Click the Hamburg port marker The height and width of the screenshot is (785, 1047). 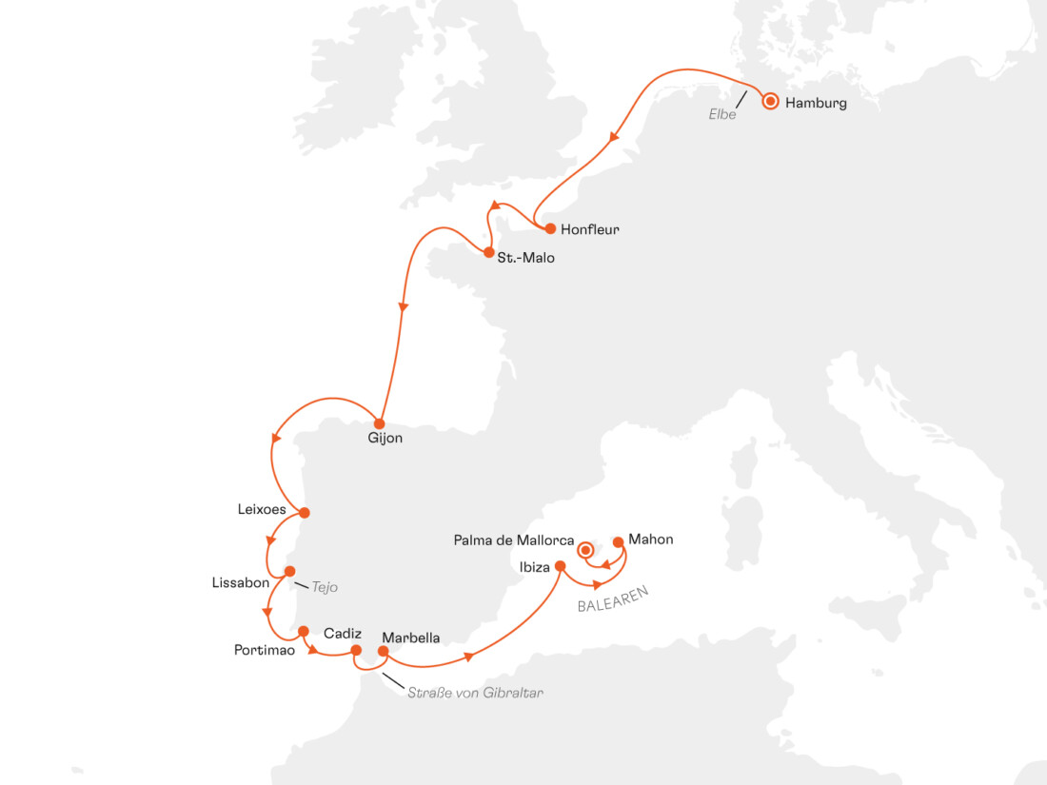pyautogui.click(x=770, y=101)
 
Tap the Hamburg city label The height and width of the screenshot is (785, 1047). pyautogui.click(x=816, y=104)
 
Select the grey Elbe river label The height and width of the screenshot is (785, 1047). pyautogui.click(x=722, y=114)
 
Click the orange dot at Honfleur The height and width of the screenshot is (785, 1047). pyautogui.click(x=550, y=228)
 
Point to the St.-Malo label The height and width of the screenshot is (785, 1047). pyautogui.click(x=525, y=257)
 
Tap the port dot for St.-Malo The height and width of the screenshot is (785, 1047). pyautogui.click(x=488, y=253)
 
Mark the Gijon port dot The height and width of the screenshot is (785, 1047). pyautogui.click(x=379, y=423)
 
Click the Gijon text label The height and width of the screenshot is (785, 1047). pyautogui.click(x=385, y=440)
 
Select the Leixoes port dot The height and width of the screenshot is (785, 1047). pyautogui.click(x=305, y=512)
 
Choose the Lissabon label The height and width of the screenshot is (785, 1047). pyautogui.click(x=241, y=582)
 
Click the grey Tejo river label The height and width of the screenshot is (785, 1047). pyautogui.click(x=325, y=587)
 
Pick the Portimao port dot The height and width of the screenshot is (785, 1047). pyautogui.click(x=304, y=631)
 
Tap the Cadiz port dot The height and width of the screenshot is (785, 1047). pyautogui.click(x=357, y=651)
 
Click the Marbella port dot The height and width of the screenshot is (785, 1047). pyautogui.click(x=384, y=652)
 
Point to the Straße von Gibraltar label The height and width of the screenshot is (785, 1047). pyautogui.click(x=475, y=693)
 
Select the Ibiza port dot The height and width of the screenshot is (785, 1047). pyautogui.click(x=560, y=567)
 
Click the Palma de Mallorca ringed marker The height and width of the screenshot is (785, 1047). pyautogui.click(x=586, y=549)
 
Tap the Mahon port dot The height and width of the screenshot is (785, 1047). pyautogui.click(x=619, y=542)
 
